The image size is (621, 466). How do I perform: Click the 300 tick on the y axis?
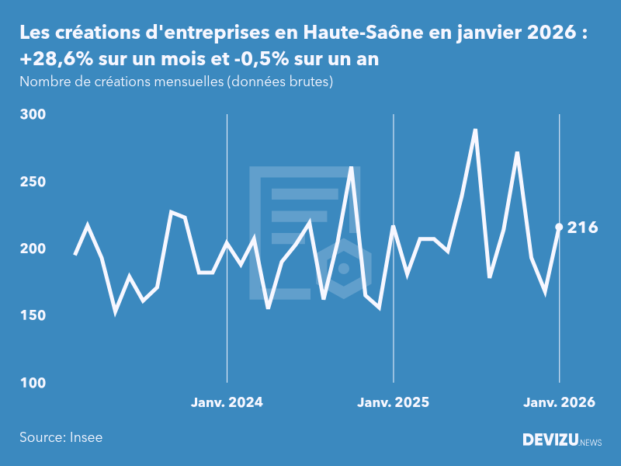(33, 114)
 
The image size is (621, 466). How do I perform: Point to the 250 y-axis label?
(33, 182)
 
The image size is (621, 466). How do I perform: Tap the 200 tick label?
(33, 249)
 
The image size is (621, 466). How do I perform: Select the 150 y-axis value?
(33, 316)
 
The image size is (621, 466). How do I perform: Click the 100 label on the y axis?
(33, 383)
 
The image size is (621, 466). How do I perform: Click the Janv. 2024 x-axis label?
(227, 402)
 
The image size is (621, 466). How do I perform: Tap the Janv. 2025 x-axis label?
(394, 402)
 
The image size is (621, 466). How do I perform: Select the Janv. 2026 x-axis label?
(559, 402)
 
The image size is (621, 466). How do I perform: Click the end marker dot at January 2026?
(559, 227)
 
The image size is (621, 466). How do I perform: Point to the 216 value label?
(582, 228)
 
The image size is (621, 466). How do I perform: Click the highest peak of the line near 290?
(475, 130)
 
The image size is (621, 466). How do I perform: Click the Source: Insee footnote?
(61, 437)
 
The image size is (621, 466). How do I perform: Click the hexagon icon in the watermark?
(343, 269)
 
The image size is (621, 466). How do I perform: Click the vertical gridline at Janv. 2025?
(394, 311)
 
